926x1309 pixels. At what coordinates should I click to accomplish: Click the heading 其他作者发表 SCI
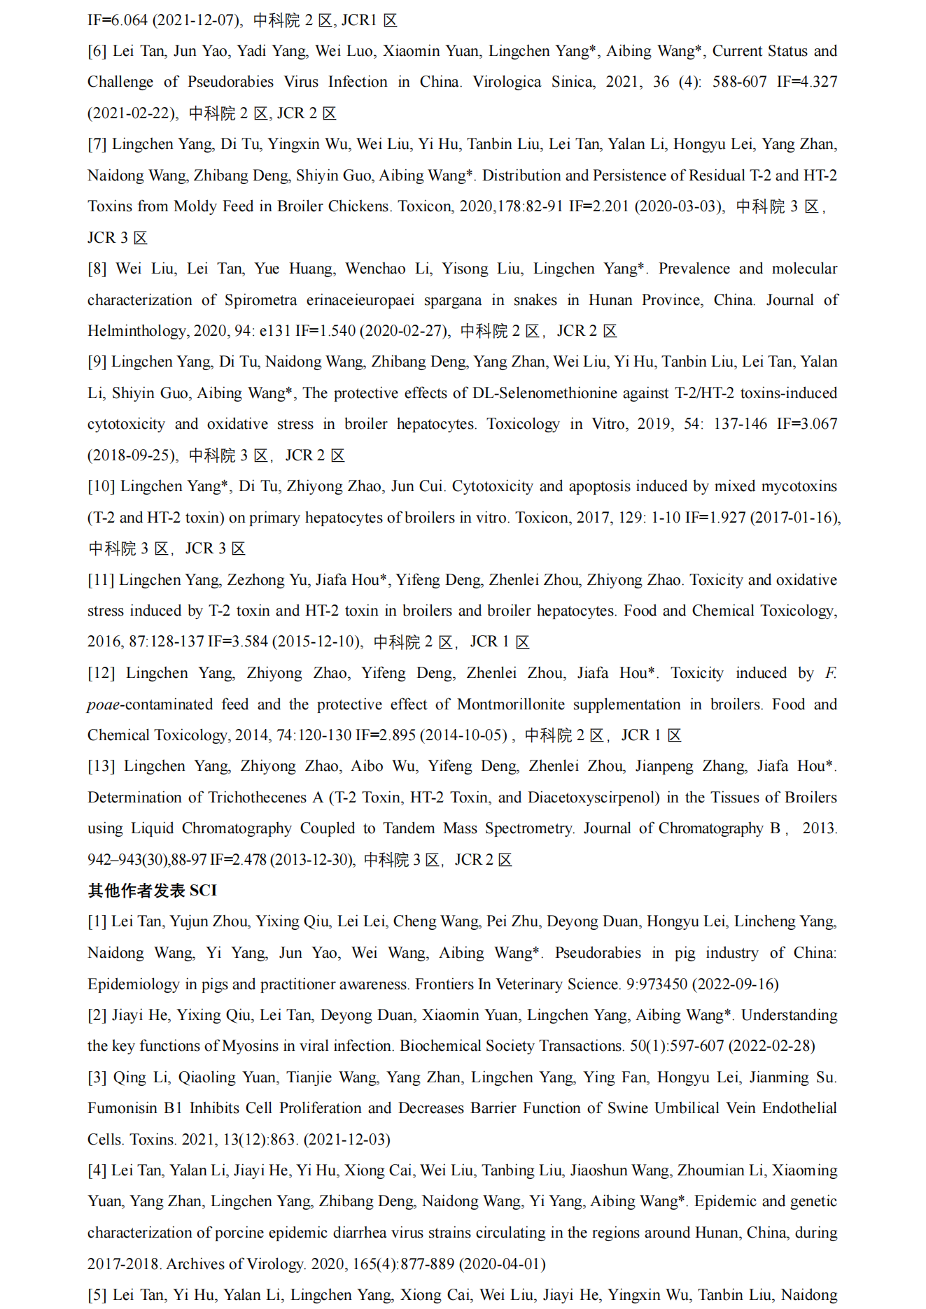pos(152,890)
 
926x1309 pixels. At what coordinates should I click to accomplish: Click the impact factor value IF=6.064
pos(117,20)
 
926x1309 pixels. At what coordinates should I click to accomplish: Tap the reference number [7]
pos(97,144)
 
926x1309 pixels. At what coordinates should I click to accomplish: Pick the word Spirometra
pos(260,300)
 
